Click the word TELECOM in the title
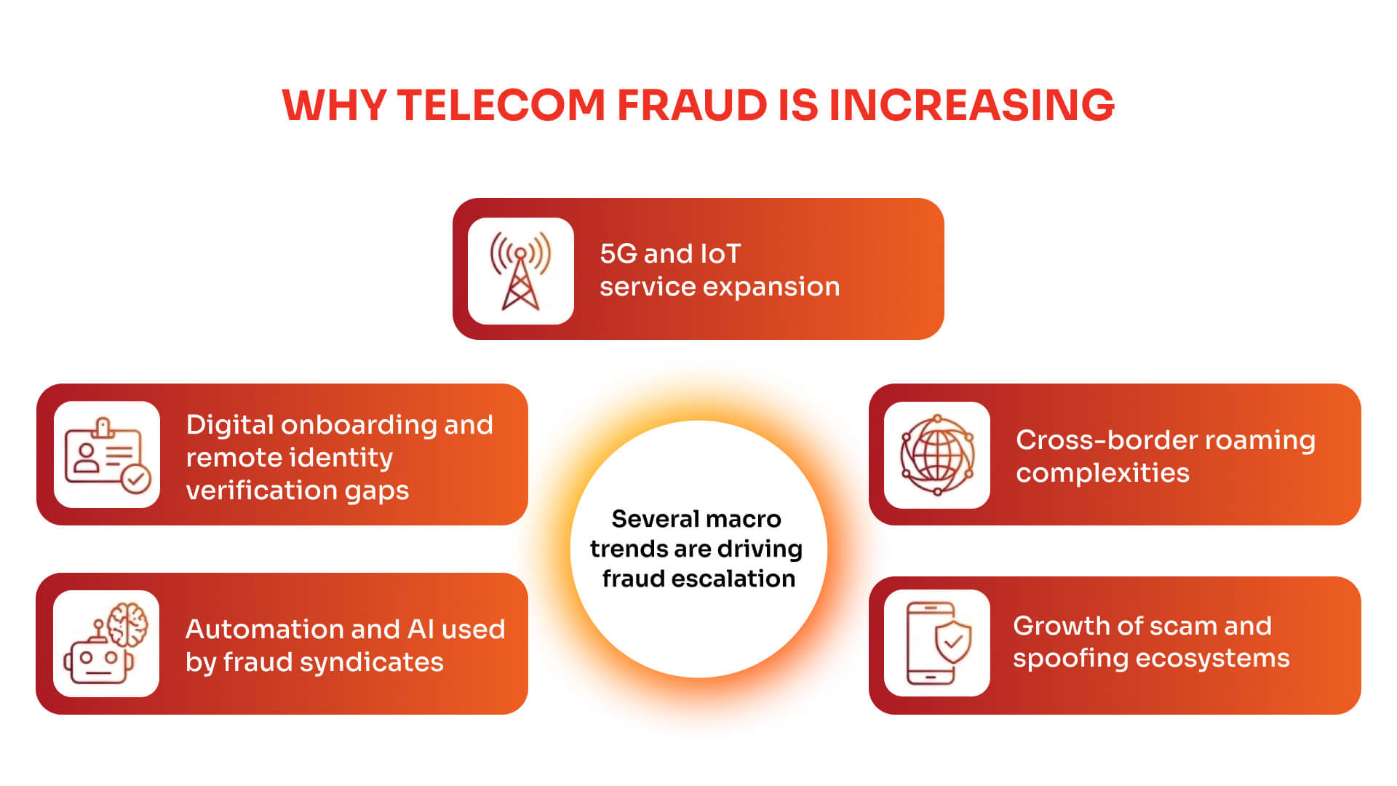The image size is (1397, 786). [501, 105]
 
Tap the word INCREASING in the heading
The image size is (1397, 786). [971, 105]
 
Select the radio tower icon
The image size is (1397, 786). [520, 271]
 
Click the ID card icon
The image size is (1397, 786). [107, 455]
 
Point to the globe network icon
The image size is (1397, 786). [937, 455]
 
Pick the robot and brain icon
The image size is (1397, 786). [106, 643]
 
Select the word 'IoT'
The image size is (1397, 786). [720, 254]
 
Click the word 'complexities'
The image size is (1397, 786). [1102, 474]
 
